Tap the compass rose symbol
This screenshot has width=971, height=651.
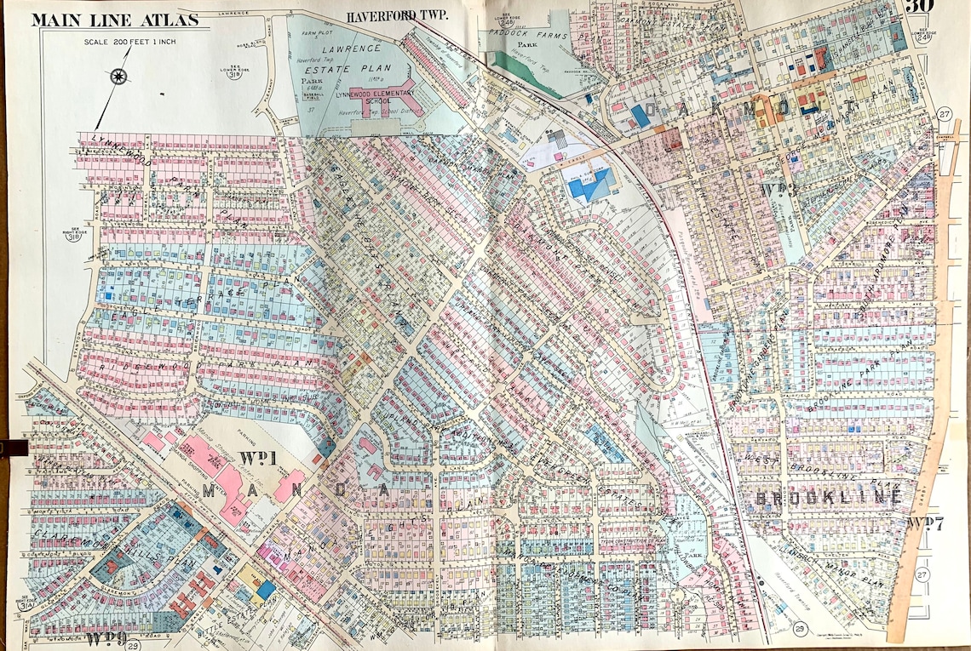[118, 77]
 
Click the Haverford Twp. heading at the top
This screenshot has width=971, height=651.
[396, 15]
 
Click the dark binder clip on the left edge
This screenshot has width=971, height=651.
[14, 446]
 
